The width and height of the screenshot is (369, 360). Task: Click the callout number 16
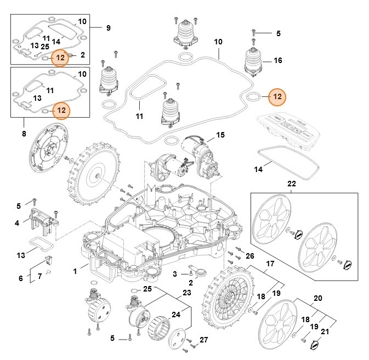pyautogui.click(x=278, y=60)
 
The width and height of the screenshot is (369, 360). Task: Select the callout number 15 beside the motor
pyautogui.click(x=220, y=135)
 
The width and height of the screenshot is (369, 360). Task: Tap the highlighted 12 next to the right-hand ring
pyautogui.click(x=277, y=96)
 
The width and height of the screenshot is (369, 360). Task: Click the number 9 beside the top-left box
pyautogui.click(x=108, y=27)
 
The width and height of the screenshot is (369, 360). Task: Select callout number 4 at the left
pyautogui.click(x=17, y=222)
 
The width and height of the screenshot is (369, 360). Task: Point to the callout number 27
pyautogui.click(x=203, y=340)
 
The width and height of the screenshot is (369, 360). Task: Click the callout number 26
pyautogui.click(x=249, y=256)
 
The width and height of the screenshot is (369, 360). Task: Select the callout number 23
pyautogui.click(x=187, y=293)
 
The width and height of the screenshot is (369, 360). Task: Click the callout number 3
pyautogui.click(x=174, y=273)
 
